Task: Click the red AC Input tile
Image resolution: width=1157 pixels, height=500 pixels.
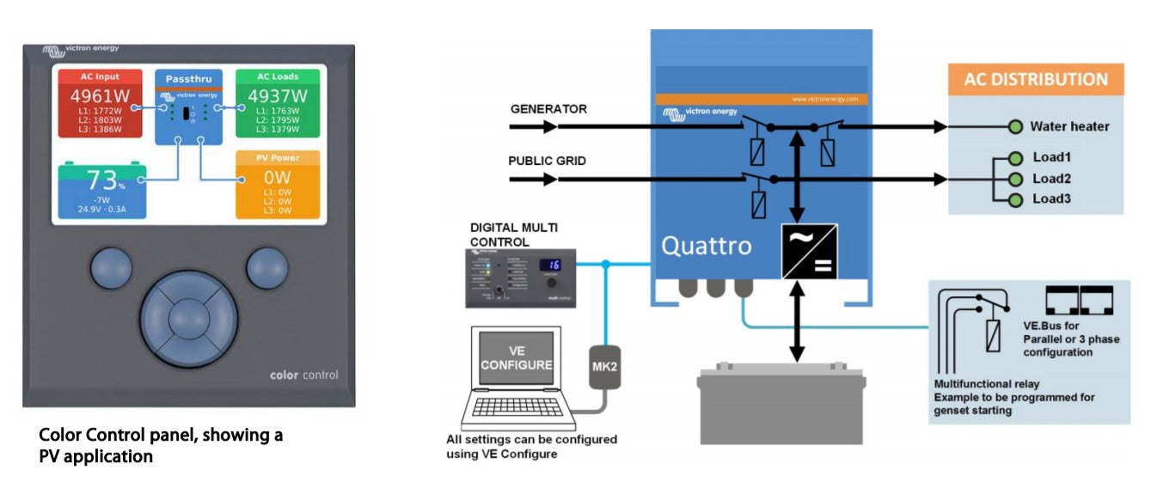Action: (100, 103)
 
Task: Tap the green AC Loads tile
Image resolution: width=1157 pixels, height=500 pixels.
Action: (278, 103)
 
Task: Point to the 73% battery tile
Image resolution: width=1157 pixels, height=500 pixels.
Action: (101, 190)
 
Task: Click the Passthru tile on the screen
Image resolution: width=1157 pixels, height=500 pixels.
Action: (189, 107)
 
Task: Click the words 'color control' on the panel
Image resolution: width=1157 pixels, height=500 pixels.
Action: (303, 375)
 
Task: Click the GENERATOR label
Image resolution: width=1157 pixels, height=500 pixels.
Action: (548, 109)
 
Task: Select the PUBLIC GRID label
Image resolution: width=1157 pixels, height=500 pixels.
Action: (547, 161)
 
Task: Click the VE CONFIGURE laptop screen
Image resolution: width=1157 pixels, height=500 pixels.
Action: (516, 359)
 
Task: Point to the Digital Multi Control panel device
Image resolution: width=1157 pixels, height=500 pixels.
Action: (521, 277)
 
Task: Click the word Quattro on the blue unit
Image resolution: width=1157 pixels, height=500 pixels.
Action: (706, 246)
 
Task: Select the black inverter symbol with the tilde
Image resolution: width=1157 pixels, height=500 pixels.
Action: (809, 250)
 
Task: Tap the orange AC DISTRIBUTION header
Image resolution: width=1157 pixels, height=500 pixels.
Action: (1036, 79)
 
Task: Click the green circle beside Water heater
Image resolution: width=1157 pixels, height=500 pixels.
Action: (1015, 127)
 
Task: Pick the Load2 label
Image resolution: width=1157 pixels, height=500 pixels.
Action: (1051, 179)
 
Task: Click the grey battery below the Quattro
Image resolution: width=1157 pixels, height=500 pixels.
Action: (781, 404)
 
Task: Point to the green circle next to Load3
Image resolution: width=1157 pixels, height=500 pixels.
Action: (1015, 200)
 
